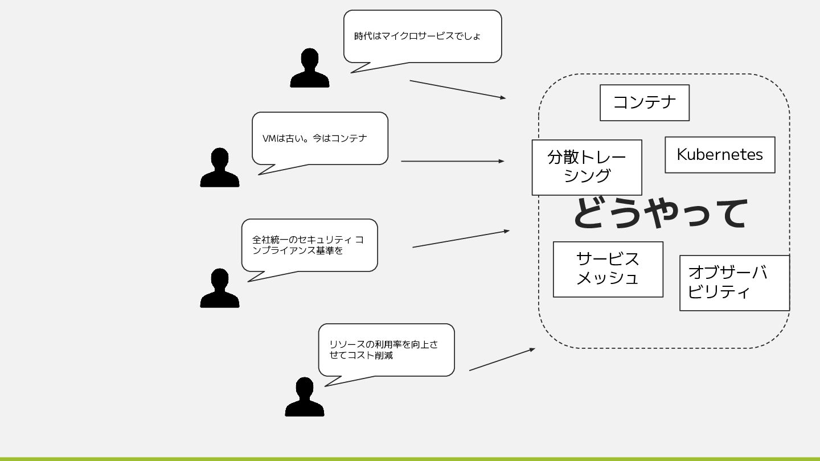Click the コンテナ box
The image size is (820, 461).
pos(644,102)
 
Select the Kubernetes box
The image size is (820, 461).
pos(720,155)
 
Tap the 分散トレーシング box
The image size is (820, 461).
pos(587,167)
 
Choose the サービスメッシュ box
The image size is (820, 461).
pos(608,269)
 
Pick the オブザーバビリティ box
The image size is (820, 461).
pos(734,283)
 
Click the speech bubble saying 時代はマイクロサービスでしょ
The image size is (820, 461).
pos(422,36)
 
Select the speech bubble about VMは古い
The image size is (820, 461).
pos(319,138)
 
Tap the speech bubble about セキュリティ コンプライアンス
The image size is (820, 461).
pos(309,245)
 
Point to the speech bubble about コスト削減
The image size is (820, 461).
pos(386,350)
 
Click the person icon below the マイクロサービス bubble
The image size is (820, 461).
pos(309,68)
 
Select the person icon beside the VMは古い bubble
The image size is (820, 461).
pos(219,168)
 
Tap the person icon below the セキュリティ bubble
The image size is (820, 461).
pos(219,289)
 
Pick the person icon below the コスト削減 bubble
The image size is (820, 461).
pos(304,397)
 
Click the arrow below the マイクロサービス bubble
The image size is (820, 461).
pos(457,89)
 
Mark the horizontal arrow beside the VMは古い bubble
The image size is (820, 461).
pos(452,161)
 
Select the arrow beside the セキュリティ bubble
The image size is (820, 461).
pos(461,239)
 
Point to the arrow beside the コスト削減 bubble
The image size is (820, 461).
pos(502,360)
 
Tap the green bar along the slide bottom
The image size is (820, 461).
pos(410,458)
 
